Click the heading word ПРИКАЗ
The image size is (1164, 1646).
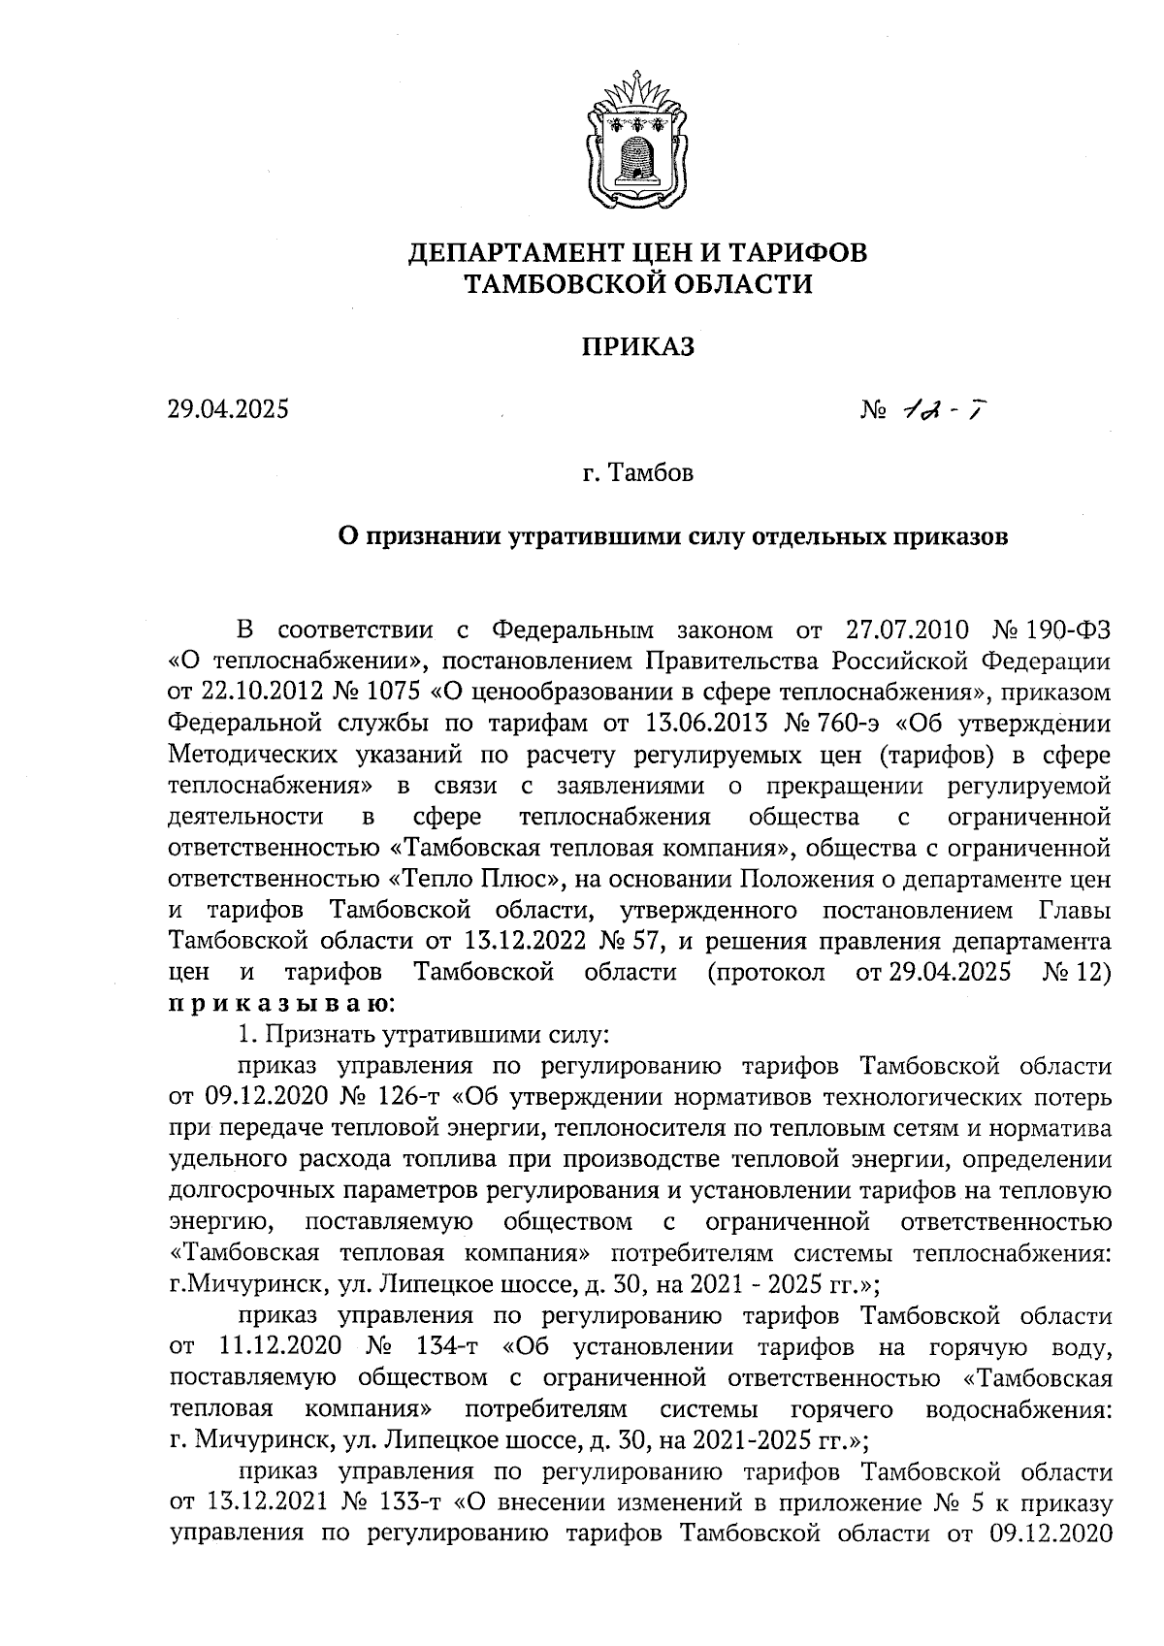(x=637, y=346)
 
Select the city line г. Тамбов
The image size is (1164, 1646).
(x=637, y=475)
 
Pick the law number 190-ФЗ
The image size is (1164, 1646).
(x=1072, y=629)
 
